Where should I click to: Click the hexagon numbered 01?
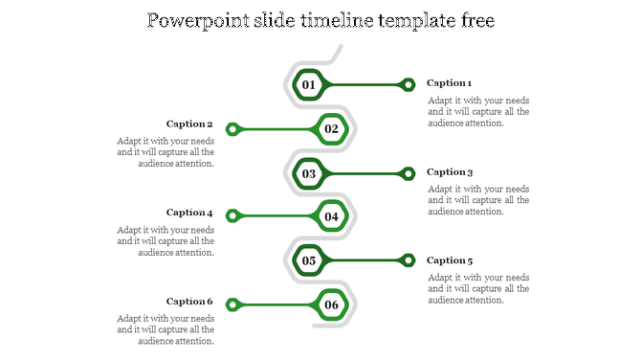[x=308, y=84]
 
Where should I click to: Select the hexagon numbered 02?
[x=331, y=128]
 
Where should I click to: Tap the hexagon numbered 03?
[x=308, y=173]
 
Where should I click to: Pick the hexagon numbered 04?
[x=331, y=216]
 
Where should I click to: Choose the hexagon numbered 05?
[x=308, y=260]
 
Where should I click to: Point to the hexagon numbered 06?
[x=331, y=305]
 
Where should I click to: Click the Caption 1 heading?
[x=450, y=83]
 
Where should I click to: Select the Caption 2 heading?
[x=189, y=124]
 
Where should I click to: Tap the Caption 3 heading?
[x=450, y=172]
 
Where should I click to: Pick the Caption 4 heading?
[x=189, y=213]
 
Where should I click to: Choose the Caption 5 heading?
[x=450, y=260]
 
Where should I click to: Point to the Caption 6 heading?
[x=189, y=302]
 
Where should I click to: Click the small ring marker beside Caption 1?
[x=409, y=84]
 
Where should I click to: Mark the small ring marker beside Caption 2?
[x=232, y=128]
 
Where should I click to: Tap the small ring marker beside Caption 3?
[x=409, y=173]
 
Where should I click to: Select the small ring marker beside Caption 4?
[x=232, y=216]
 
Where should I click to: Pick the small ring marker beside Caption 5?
[x=409, y=260]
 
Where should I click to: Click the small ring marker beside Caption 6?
[x=232, y=305]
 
